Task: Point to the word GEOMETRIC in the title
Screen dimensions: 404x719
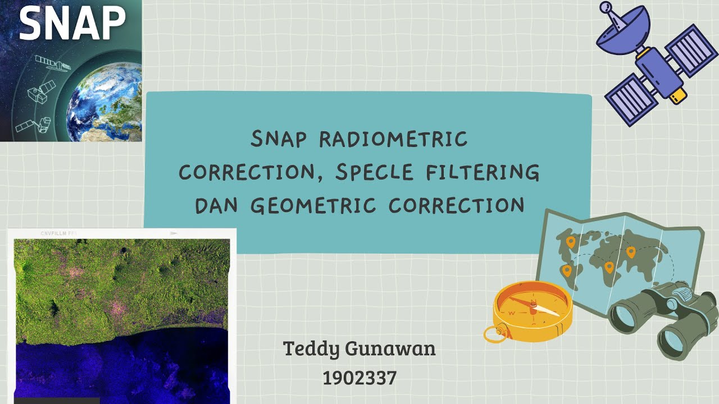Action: pyautogui.click(x=313, y=205)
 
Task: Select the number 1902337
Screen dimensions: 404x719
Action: pyautogui.click(x=359, y=378)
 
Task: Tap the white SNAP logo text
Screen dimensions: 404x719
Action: pyautogui.click(x=72, y=24)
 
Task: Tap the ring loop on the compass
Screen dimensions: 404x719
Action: pyautogui.click(x=493, y=334)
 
